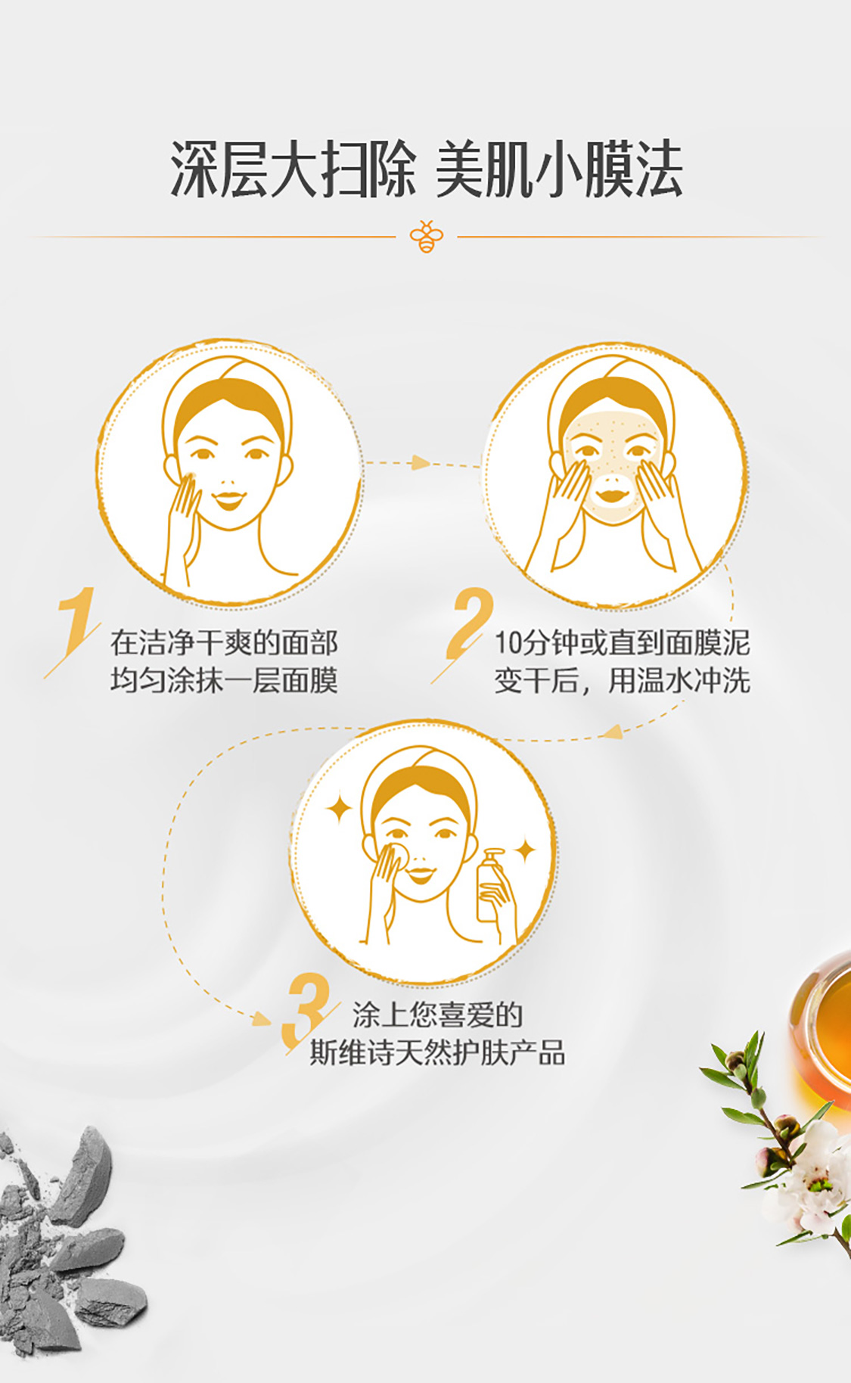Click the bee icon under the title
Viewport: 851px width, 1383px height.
[x=426, y=237]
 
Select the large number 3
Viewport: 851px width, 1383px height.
[x=305, y=1009]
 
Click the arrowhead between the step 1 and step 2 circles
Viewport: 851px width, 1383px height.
[x=421, y=462]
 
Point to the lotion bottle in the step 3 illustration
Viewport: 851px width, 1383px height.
[x=492, y=884]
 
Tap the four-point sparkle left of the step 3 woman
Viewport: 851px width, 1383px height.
[x=340, y=809]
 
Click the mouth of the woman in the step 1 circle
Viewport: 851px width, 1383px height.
[x=228, y=499]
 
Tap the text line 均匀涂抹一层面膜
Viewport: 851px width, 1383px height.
[x=224, y=680]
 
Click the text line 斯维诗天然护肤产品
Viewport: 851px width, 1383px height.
[x=437, y=1052]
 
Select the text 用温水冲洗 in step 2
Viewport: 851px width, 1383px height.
[x=679, y=680]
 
